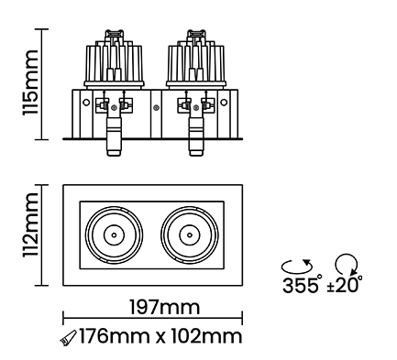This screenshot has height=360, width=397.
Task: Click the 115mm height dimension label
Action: pyautogui.click(x=30, y=82)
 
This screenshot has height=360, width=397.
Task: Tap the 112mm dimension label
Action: pyautogui.click(x=30, y=224)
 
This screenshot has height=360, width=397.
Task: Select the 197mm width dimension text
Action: pyautogui.click(x=165, y=307)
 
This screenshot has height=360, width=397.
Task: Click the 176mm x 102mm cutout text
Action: pyautogui.click(x=160, y=336)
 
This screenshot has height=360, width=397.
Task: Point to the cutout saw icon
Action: pyautogui.click(x=68, y=338)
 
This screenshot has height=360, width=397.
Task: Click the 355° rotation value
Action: pyautogui.click(x=302, y=284)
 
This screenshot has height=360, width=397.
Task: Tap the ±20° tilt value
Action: pyautogui.click(x=345, y=284)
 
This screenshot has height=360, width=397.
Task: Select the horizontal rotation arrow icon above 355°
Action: pyautogui.click(x=297, y=266)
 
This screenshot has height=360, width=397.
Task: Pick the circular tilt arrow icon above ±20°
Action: pyautogui.click(x=347, y=264)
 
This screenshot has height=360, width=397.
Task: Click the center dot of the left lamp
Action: pyautogui.click(x=114, y=235)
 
